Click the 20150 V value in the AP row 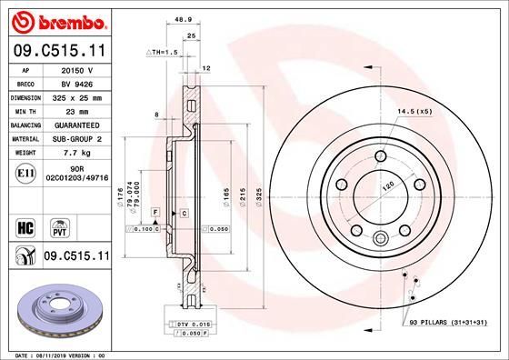pyautogui.click(x=76, y=68)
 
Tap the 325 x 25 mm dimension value pyautogui.click(x=76, y=96)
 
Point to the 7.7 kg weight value pyautogui.click(x=76, y=153)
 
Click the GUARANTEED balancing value pyautogui.click(x=76, y=125)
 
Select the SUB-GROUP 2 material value pyautogui.click(x=76, y=139)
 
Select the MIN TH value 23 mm pyautogui.click(x=76, y=110)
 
